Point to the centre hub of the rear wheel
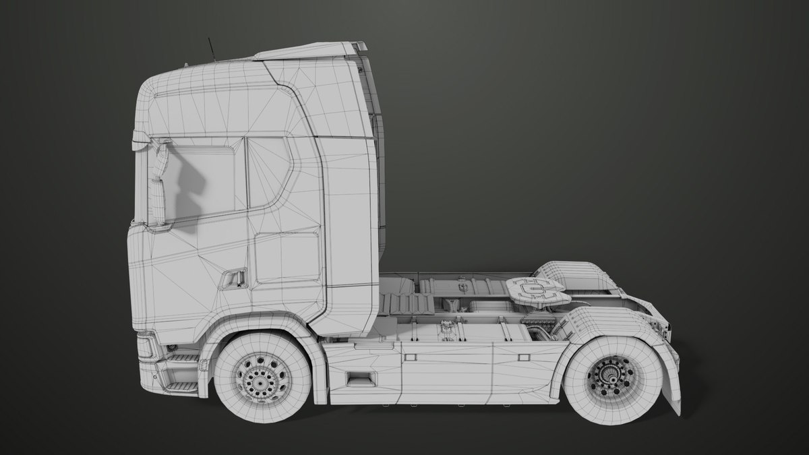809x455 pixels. pos(610,377)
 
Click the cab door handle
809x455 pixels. pos(234,278)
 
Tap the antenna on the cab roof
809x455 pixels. pos(212,49)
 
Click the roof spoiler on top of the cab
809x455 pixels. pos(310,51)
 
